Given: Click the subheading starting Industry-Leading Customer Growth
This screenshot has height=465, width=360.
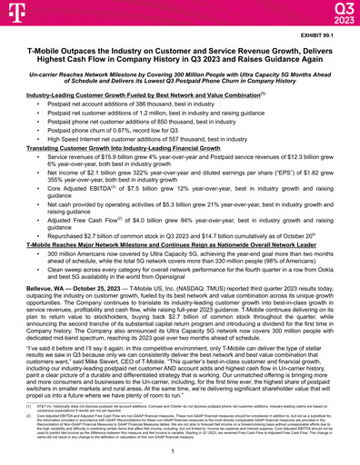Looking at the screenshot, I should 118,94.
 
